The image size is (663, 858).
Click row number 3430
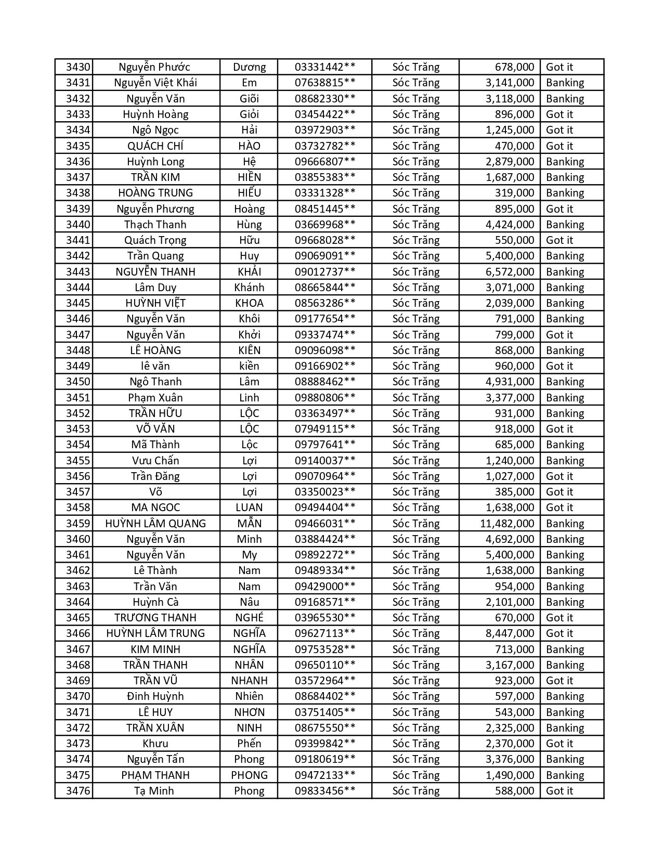click(x=78, y=67)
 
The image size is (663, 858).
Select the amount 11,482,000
click(x=506, y=524)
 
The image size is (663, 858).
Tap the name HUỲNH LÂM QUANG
click(x=155, y=524)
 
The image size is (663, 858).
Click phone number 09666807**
click(x=325, y=162)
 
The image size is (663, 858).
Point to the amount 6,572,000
click(x=510, y=272)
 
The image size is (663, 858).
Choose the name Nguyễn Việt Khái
click(x=155, y=83)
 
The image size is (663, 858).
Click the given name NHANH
click(x=249, y=681)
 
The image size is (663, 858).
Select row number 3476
click(x=78, y=791)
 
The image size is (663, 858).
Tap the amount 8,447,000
click(x=510, y=633)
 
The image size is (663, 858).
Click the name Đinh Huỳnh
click(x=155, y=696)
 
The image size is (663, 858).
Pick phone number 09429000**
click(x=325, y=587)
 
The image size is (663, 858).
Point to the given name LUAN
click(x=249, y=508)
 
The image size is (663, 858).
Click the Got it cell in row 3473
click(x=559, y=744)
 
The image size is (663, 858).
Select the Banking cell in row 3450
click(x=565, y=382)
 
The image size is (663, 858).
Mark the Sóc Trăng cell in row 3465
click(x=415, y=618)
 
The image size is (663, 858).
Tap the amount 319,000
click(x=514, y=193)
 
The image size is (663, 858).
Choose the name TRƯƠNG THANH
click(x=155, y=618)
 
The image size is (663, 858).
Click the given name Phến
click(x=249, y=744)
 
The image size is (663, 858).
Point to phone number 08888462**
click(x=325, y=382)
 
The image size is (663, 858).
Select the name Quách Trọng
click(x=155, y=240)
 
